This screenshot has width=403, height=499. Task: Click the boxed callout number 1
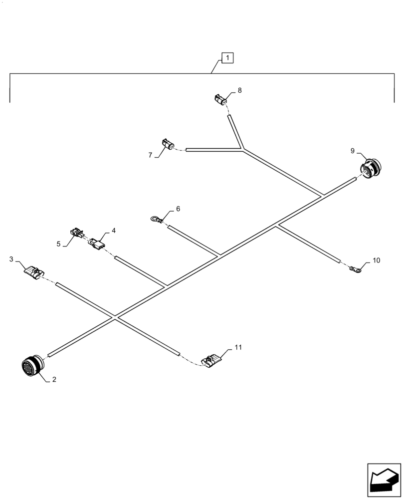[x=227, y=58]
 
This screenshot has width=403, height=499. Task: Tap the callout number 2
[x=54, y=380]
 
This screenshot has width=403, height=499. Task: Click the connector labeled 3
[x=33, y=272]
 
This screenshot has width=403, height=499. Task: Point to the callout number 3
[x=11, y=259]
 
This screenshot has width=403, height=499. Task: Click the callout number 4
[x=114, y=231]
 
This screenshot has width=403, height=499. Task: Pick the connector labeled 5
[x=77, y=232]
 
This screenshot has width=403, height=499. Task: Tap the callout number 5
[x=58, y=244]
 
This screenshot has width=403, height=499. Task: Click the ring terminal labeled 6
[x=156, y=218]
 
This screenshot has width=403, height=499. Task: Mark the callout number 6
[x=178, y=209]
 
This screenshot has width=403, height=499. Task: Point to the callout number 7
[x=150, y=155]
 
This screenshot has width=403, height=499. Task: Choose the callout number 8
[x=239, y=90]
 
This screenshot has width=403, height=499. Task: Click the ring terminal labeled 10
[x=355, y=270]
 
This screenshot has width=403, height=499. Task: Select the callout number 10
[x=376, y=260]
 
